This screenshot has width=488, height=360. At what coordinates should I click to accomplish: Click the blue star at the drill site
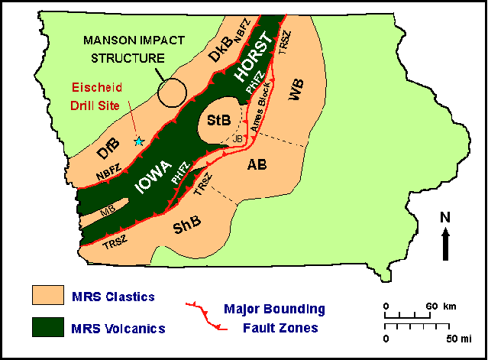138,141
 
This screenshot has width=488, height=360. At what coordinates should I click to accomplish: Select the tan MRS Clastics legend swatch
49,295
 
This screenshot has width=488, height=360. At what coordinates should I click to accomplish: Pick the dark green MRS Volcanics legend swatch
49,326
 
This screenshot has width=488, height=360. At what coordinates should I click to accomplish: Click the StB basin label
218,120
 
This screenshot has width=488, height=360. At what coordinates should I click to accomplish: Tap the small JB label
237,138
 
